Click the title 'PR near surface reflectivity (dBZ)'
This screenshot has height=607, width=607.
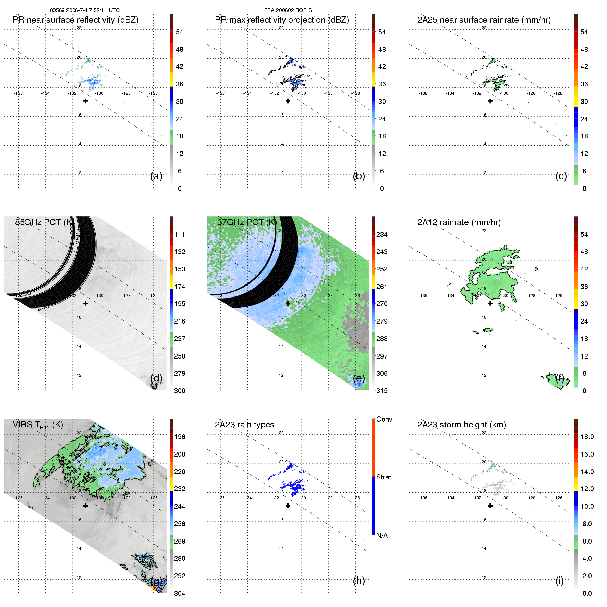pyautogui.click(x=75, y=20)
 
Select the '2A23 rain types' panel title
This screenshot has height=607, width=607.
pyautogui.click(x=244, y=425)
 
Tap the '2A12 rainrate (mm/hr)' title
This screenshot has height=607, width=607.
pyautogui.click(x=459, y=222)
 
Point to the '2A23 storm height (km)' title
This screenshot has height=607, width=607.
pyautogui.click(x=461, y=425)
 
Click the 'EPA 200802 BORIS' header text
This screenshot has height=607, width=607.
pyautogui.click(x=288, y=10)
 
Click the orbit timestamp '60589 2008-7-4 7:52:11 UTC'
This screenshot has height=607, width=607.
pyautogui.click(x=85, y=10)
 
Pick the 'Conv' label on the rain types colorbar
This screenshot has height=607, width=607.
pyautogui.click(x=384, y=419)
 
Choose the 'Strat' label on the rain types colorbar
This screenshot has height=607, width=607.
pyautogui.click(x=384, y=477)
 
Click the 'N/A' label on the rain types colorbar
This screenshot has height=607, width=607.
pyautogui.click(x=382, y=535)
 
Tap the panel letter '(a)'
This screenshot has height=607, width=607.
pyautogui.click(x=156, y=176)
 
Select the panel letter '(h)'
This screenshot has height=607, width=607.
pyautogui.click(x=359, y=580)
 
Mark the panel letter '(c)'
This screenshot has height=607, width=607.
pyautogui.click(x=561, y=176)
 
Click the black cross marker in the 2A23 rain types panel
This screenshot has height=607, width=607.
pyautogui.click(x=288, y=506)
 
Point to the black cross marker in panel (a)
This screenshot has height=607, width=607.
pyautogui.click(x=85, y=101)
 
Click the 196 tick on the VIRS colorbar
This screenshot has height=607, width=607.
pyautogui.click(x=180, y=437)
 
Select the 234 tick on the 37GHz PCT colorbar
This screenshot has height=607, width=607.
pyautogui.click(x=382, y=234)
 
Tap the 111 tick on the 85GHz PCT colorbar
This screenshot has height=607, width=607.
pyautogui.click(x=180, y=234)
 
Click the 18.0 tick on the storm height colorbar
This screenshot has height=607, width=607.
pyautogui.click(x=587, y=437)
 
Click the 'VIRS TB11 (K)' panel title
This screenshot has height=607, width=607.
pyautogui.click(x=38, y=425)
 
